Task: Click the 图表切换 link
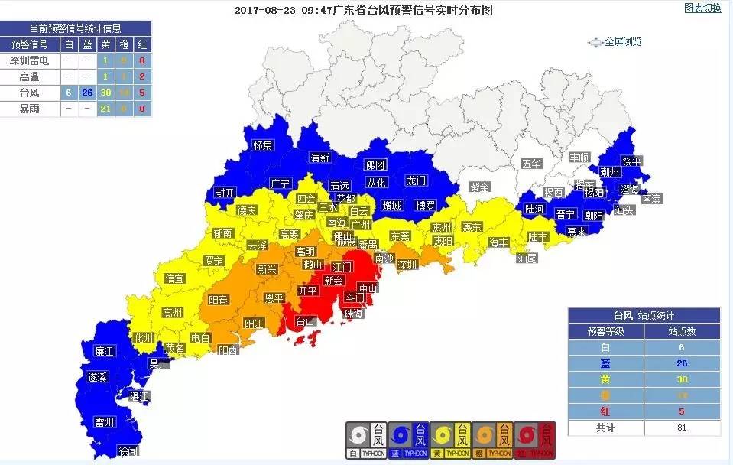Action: click(702, 8)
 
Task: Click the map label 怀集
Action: click(263, 145)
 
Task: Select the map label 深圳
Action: click(407, 265)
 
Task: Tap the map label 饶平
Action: click(631, 161)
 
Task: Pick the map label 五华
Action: click(531, 163)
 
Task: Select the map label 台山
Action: click(305, 321)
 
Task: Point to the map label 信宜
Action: click(175, 278)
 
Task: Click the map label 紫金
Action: click(479, 187)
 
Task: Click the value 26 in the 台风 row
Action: click(87, 93)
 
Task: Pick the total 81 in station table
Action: click(682, 428)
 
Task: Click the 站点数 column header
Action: click(682, 331)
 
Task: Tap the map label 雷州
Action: click(104, 421)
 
